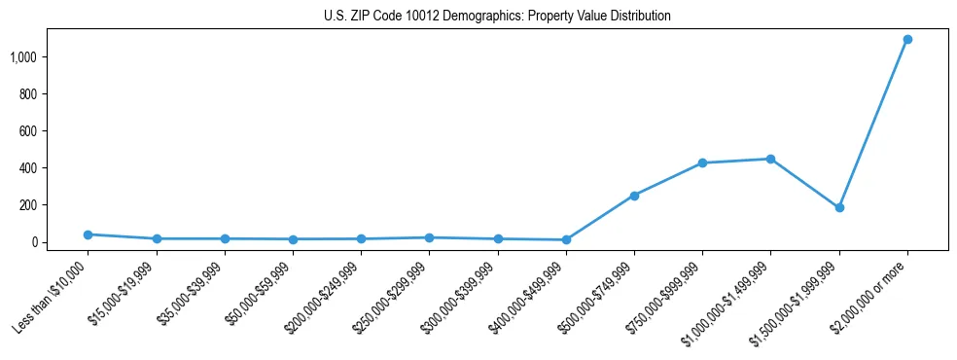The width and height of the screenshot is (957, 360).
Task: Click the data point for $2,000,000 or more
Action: (907, 40)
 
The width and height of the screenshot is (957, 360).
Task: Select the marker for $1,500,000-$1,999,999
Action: (839, 207)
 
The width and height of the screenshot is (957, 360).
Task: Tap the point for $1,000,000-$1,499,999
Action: (770, 159)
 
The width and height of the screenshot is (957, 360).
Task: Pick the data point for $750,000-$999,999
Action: (702, 162)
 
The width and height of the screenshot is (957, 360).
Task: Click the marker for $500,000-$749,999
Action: (634, 196)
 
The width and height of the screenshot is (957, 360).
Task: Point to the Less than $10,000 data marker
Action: (88, 234)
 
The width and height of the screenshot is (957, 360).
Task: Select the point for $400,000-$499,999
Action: (566, 239)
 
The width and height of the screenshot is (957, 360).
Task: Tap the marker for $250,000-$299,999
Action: (429, 237)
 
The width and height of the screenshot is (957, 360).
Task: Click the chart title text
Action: (497, 17)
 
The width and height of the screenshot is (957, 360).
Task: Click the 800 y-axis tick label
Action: (27, 94)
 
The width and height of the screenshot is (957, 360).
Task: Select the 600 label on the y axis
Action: (27, 131)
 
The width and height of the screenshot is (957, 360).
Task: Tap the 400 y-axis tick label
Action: (27, 168)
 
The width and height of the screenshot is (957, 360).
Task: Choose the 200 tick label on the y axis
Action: (27, 205)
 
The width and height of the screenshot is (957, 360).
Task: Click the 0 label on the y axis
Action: (34, 242)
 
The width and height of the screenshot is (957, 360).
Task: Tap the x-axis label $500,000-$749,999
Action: (595, 300)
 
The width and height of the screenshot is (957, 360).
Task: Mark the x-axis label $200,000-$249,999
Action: (323, 300)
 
